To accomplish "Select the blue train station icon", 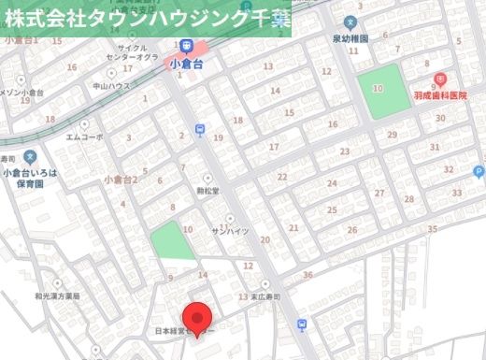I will (x=187, y=46).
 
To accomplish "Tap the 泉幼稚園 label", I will (x=350, y=40).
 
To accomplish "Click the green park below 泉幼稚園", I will (x=382, y=91).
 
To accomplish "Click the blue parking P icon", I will (x=479, y=171).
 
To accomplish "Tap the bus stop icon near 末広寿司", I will (x=301, y=324).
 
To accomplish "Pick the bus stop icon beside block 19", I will (x=199, y=130).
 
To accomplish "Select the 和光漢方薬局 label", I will (x=58, y=295).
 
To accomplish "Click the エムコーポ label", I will (x=84, y=137).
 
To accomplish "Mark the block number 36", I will (x=307, y=274).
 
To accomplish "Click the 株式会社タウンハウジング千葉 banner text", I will (x=145, y=18).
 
